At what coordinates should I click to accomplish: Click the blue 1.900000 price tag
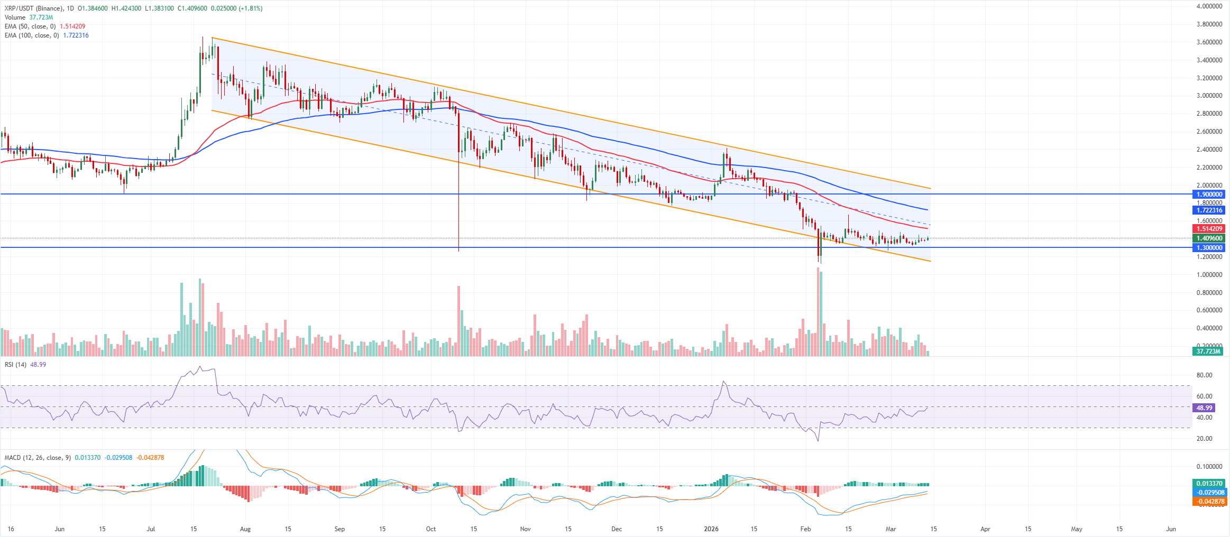tap(1209, 195)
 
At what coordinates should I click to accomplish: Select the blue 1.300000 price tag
tap(1209, 248)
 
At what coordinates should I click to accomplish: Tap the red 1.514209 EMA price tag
tap(1209, 229)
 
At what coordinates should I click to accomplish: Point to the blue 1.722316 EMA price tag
tap(1209, 210)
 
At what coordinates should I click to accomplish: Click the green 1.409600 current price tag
tap(1209, 238)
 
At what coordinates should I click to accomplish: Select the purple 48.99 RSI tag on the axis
tap(1204, 408)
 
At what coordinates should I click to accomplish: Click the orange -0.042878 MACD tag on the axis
tap(1209, 502)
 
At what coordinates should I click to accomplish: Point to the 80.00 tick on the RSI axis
tap(1204, 375)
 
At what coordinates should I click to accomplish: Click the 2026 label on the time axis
tap(711, 529)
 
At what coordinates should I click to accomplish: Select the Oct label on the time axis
tap(431, 529)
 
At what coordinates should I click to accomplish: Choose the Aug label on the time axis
tap(245, 529)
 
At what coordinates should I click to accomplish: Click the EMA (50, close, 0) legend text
tap(30, 26)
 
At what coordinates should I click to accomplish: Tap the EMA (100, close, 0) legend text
tap(32, 35)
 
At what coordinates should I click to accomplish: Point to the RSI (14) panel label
tap(16, 365)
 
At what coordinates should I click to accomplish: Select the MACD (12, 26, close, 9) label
tap(38, 458)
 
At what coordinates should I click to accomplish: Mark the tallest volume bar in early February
tap(818, 312)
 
